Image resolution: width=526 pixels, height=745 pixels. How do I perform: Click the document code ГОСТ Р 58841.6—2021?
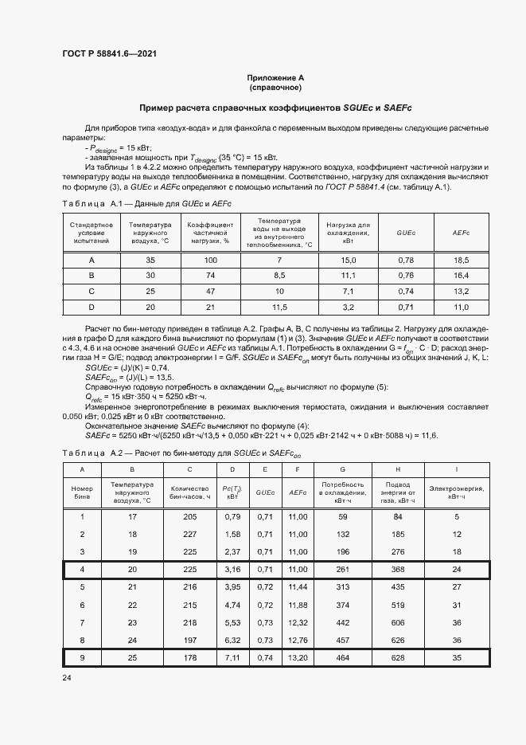coord(108,54)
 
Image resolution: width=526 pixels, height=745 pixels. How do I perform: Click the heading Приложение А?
coord(275,77)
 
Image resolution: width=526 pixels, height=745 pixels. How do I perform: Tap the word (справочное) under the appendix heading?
coord(275,87)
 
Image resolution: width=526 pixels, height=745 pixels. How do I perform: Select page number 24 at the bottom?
coord(67,677)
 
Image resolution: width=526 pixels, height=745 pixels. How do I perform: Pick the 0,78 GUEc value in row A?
coord(406,261)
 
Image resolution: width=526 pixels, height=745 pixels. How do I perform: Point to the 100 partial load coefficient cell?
coord(210,261)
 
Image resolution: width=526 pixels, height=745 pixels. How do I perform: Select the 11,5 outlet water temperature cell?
coord(279,306)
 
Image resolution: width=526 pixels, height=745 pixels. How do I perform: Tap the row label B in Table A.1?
coord(92,276)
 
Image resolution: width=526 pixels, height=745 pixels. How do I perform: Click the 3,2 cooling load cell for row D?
coord(348,306)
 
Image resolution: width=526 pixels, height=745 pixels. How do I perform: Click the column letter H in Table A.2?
coord(397,470)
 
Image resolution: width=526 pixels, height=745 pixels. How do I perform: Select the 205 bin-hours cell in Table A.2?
coord(189,517)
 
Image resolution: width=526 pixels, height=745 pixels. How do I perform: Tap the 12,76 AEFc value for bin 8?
coord(298,639)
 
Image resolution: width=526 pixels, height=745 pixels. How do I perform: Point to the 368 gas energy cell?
coord(397,570)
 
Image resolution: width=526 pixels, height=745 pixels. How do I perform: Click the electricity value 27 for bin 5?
coord(457,586)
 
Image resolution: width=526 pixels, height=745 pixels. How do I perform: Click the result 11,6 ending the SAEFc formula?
coord(429,435)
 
